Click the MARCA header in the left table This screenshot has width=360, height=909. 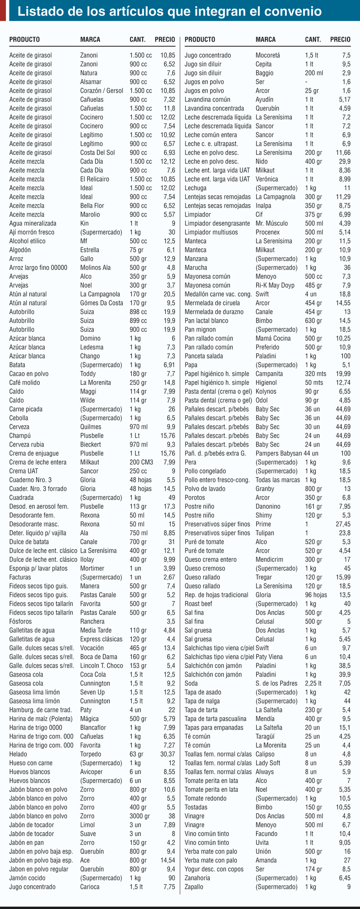[x=90, y=39]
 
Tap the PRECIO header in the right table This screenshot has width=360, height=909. [x=340, y=39]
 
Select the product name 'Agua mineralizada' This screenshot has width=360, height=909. [x=33, y=223]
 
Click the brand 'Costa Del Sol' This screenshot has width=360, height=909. [x=97, y=153]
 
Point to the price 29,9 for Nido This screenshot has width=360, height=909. [x=344, y=162]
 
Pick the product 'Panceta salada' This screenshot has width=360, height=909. [x=204, y=356]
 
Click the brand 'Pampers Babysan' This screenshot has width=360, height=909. [x=279, y=453]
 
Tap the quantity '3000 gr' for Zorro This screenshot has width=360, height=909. [x=140, y=816]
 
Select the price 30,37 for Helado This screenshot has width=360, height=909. [x=168, y=754]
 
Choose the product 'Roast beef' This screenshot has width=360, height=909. [x=198, y=604]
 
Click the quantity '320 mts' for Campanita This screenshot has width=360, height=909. [x=316, y=374]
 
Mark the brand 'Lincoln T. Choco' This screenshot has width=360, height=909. [x=101, y=666]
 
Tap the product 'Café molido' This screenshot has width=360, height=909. [x=24, y=383]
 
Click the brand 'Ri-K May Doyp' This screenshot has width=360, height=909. [x=275, y=285]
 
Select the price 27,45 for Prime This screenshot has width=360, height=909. [x=343, y=524]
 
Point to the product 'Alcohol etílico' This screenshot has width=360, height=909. [x=27, y=241]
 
